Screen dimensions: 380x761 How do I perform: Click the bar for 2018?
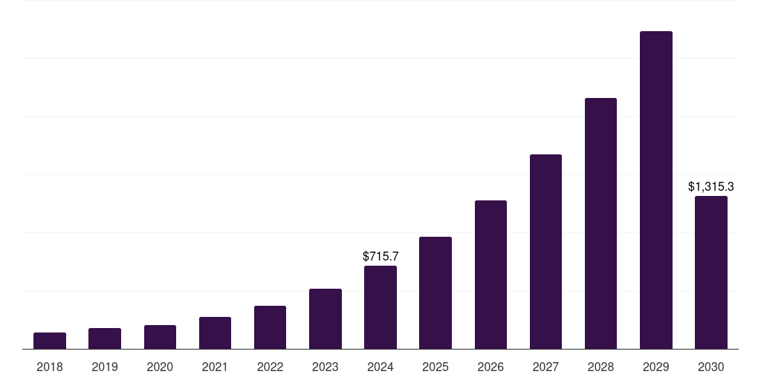pyautogui.click(x=50, y=341)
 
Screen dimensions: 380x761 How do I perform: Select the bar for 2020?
pyautogui.click(x=160, y=337)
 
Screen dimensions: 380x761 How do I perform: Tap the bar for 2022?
pyautogui.click(x=270, y=327)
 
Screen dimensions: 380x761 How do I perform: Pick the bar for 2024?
pyautogui.click(x=380, y=307)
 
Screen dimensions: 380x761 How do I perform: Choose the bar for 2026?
pyautogui.click(x=490, y=275)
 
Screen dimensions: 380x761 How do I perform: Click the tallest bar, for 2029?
pyautogui.click(x=656, y=190)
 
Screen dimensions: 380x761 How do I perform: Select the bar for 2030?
pyautogui.click(x=711, y=272)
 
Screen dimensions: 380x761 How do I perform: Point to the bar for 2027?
pyautogui.click(x=545, y=252)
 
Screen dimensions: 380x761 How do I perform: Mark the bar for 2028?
pyautogui.click(x=600, y=223)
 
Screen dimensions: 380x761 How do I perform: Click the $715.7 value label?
pyautogui.click(x=380, y=256)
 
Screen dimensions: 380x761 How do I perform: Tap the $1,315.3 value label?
pyautogui.click(x=711, y=186)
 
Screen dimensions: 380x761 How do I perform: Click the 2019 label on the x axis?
pyautogui.click(x=105, y=367)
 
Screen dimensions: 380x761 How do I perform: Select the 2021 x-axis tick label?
pyautogui.click(x=215, y=367)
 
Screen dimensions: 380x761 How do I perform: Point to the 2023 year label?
pyautogui.click(x=326, y=367)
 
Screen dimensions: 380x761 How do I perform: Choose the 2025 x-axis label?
pyautogui.click(x=435, y=367)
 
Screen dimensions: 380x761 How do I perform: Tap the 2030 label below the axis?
pyautogui.click(x=711, y=367)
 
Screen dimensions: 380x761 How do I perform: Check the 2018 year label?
pyautogui.click(x=50, y=367)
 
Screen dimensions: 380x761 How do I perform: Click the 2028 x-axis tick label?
pyautogui.click(x=600, y=367)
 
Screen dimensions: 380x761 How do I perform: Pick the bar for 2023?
pyautogui.click(x=326, y=319)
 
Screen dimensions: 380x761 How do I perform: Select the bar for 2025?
pyautogui.click(x=435, y=293)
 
